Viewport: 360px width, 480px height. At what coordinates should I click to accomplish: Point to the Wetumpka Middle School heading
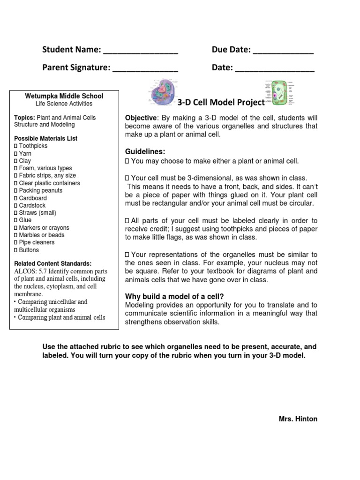(64, 96)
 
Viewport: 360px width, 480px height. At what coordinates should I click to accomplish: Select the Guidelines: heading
(145, 152)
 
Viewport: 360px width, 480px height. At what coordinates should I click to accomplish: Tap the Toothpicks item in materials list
(33, 146)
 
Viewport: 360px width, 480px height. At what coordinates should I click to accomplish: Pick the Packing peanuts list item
(40, 191)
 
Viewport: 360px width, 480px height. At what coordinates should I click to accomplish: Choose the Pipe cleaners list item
(37, 242)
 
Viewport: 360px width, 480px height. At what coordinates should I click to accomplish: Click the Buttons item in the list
(29, 250)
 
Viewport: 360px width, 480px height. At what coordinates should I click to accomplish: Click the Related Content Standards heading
(53, 263)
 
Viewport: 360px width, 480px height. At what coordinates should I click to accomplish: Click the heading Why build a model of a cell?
(174, 296)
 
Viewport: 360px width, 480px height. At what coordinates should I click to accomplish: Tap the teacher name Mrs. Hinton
(298, 419)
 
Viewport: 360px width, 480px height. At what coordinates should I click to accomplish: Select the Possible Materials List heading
(46, 138)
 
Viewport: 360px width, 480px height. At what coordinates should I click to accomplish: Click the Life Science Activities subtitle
(64, 104)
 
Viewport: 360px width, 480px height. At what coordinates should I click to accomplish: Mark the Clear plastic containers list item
(49, 183)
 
